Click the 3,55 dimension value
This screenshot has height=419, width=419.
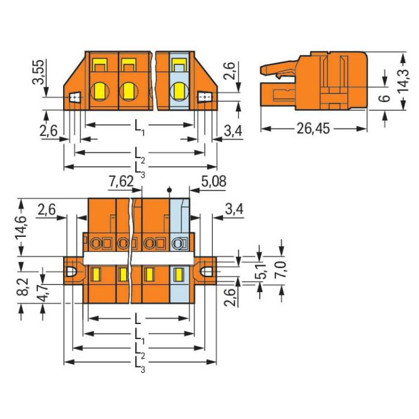coord(37,72)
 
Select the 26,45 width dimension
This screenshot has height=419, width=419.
coord(313,129)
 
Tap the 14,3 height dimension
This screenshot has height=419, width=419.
coord(403,80)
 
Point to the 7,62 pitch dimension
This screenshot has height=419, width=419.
coord(121,182)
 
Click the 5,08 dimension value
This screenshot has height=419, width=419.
coord(213,181)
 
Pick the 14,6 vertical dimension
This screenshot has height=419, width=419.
coord(21,227)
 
